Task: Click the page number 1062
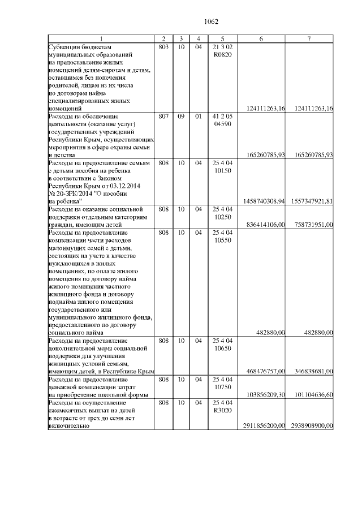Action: pos(211,21)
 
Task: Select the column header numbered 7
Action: pos(309,38)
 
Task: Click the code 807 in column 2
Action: pos(163,116)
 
